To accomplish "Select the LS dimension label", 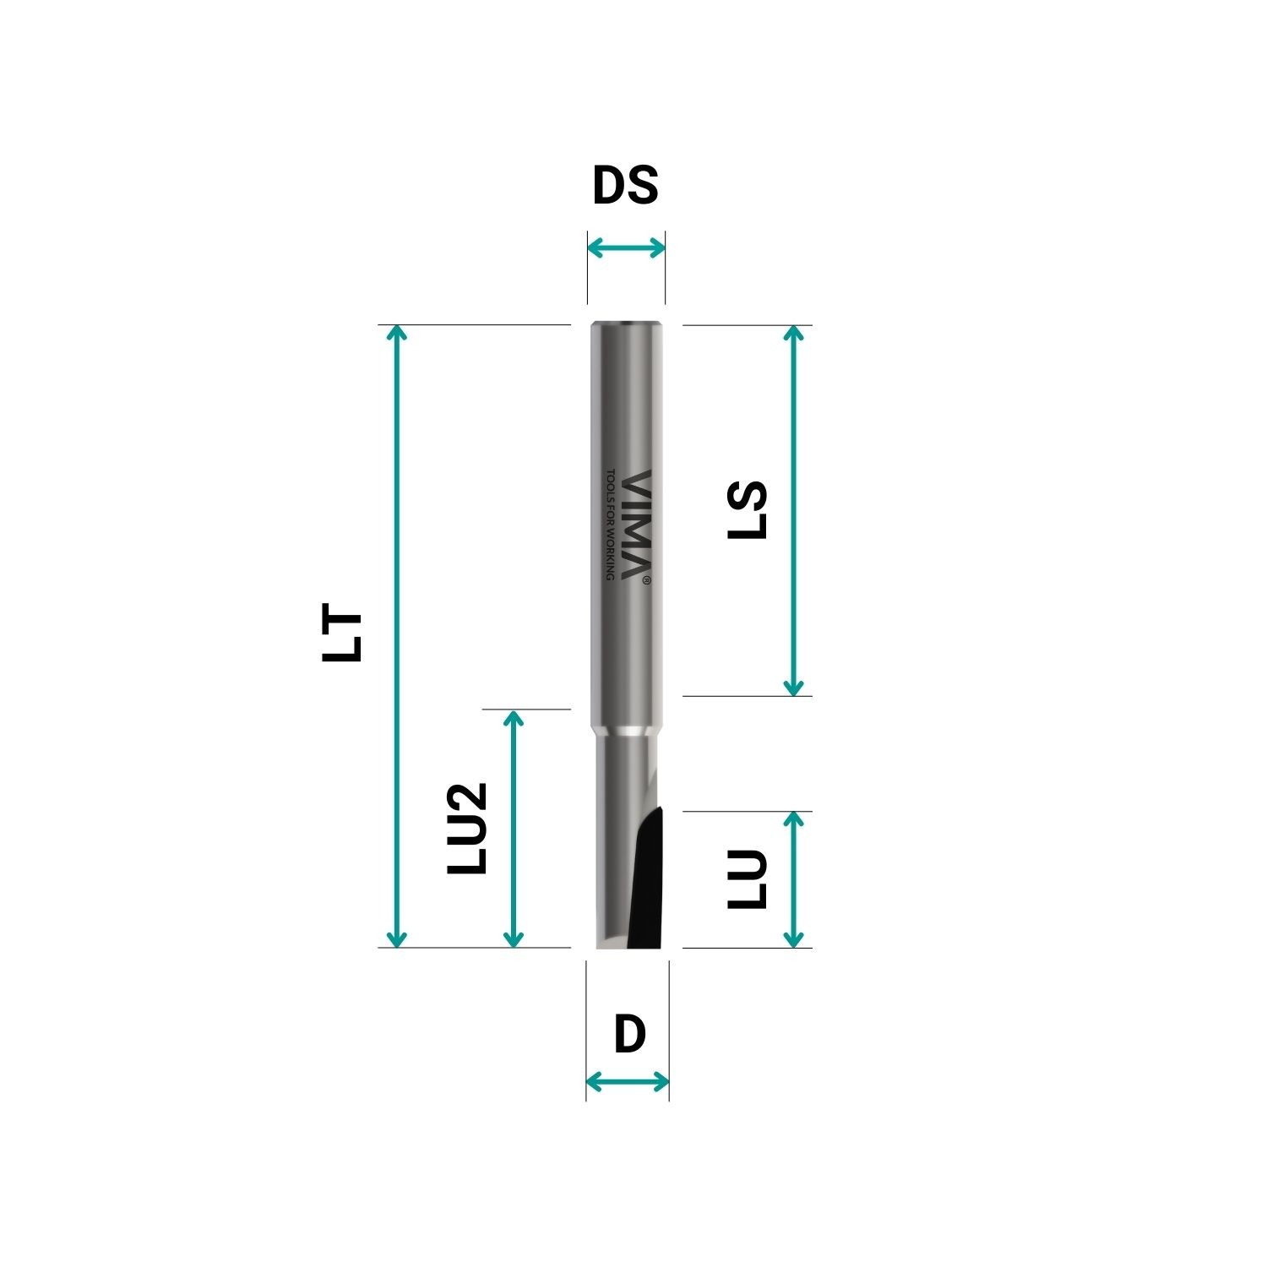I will (x=748, y=509).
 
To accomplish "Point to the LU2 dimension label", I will (x=467, y=828).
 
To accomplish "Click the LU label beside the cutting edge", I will (x=748, y=879).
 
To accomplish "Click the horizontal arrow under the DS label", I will (x=626, y=247).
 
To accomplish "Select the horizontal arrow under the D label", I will (x=628, y=1081).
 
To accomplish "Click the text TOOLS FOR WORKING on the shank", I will (x=611, y=525).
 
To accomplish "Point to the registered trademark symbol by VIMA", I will (x=646, y=580).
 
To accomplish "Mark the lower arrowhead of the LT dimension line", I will (x=396, y=940).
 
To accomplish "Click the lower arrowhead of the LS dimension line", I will (x=793, y=688).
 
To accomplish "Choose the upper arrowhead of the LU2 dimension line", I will (x=513, y=717).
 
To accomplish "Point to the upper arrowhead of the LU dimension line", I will (x=793, y=818).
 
